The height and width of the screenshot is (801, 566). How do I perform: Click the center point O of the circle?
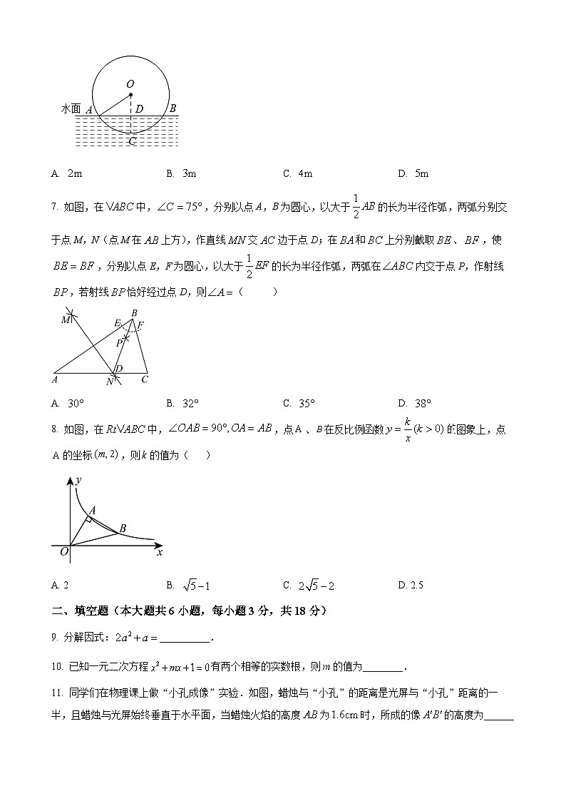[130, 93]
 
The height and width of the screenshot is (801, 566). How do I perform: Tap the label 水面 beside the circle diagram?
[71, 109]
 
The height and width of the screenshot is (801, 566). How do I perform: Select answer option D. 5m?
[413, 173]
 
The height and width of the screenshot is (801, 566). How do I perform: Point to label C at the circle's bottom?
[133, 141]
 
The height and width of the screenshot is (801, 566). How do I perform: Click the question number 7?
[54, 208]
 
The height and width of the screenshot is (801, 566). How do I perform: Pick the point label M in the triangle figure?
[66, 320]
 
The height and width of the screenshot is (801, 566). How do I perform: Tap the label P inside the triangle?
[120, 343]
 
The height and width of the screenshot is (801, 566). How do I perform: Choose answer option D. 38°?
[415, 403]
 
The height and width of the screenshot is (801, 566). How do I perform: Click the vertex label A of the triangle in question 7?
[55, 379]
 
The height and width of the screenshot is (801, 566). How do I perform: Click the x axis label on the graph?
[160, 552]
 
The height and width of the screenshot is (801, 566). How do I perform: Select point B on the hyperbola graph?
[123, 528]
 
